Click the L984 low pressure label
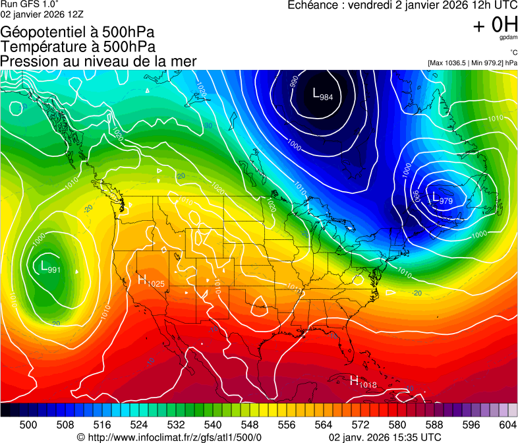click(x=322, y=94)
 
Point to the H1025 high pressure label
click(x=151, y=280)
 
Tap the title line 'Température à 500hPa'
click(x=78, y=47)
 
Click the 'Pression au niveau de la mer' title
click(x=98, y=61)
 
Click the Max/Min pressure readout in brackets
click(x=472, y=63)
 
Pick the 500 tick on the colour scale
click(x=28, y=424)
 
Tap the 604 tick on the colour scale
click(x=508, y=424)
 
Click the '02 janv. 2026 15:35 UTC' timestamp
click(x=385, y=436)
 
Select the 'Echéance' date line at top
click(x=402, y=5)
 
